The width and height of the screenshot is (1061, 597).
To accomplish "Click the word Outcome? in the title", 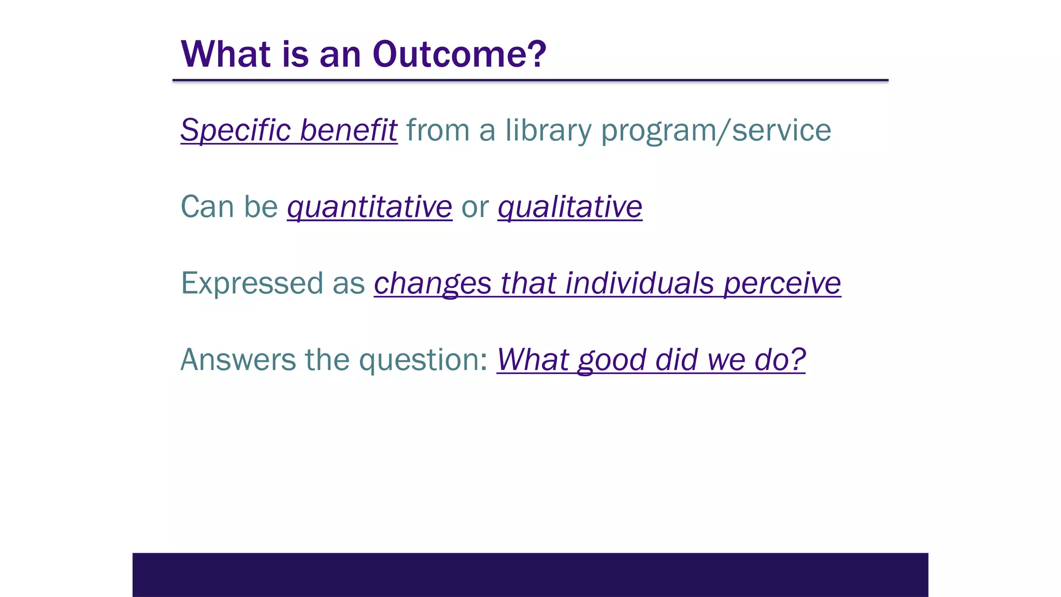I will point(459,54).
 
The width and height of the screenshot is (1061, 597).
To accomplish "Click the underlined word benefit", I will point(348,130).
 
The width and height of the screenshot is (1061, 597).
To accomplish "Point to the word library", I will point(548,130).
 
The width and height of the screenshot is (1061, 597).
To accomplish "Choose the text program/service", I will point(716,130).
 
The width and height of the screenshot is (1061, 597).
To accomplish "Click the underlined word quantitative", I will point(369,207).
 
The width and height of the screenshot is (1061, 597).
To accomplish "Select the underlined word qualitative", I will point(570,207).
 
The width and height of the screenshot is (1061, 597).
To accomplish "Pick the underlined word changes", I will point(432,283).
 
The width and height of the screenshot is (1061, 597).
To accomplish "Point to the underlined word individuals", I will point(639,283).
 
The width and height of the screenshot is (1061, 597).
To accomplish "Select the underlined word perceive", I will point(782,283).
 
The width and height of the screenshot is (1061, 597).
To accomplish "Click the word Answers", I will point(238,360).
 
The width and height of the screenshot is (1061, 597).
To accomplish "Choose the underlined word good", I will point(612,360).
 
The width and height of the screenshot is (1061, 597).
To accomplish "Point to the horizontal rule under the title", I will point(530,80).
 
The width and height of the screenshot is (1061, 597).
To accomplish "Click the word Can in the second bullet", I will point(207,207).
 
